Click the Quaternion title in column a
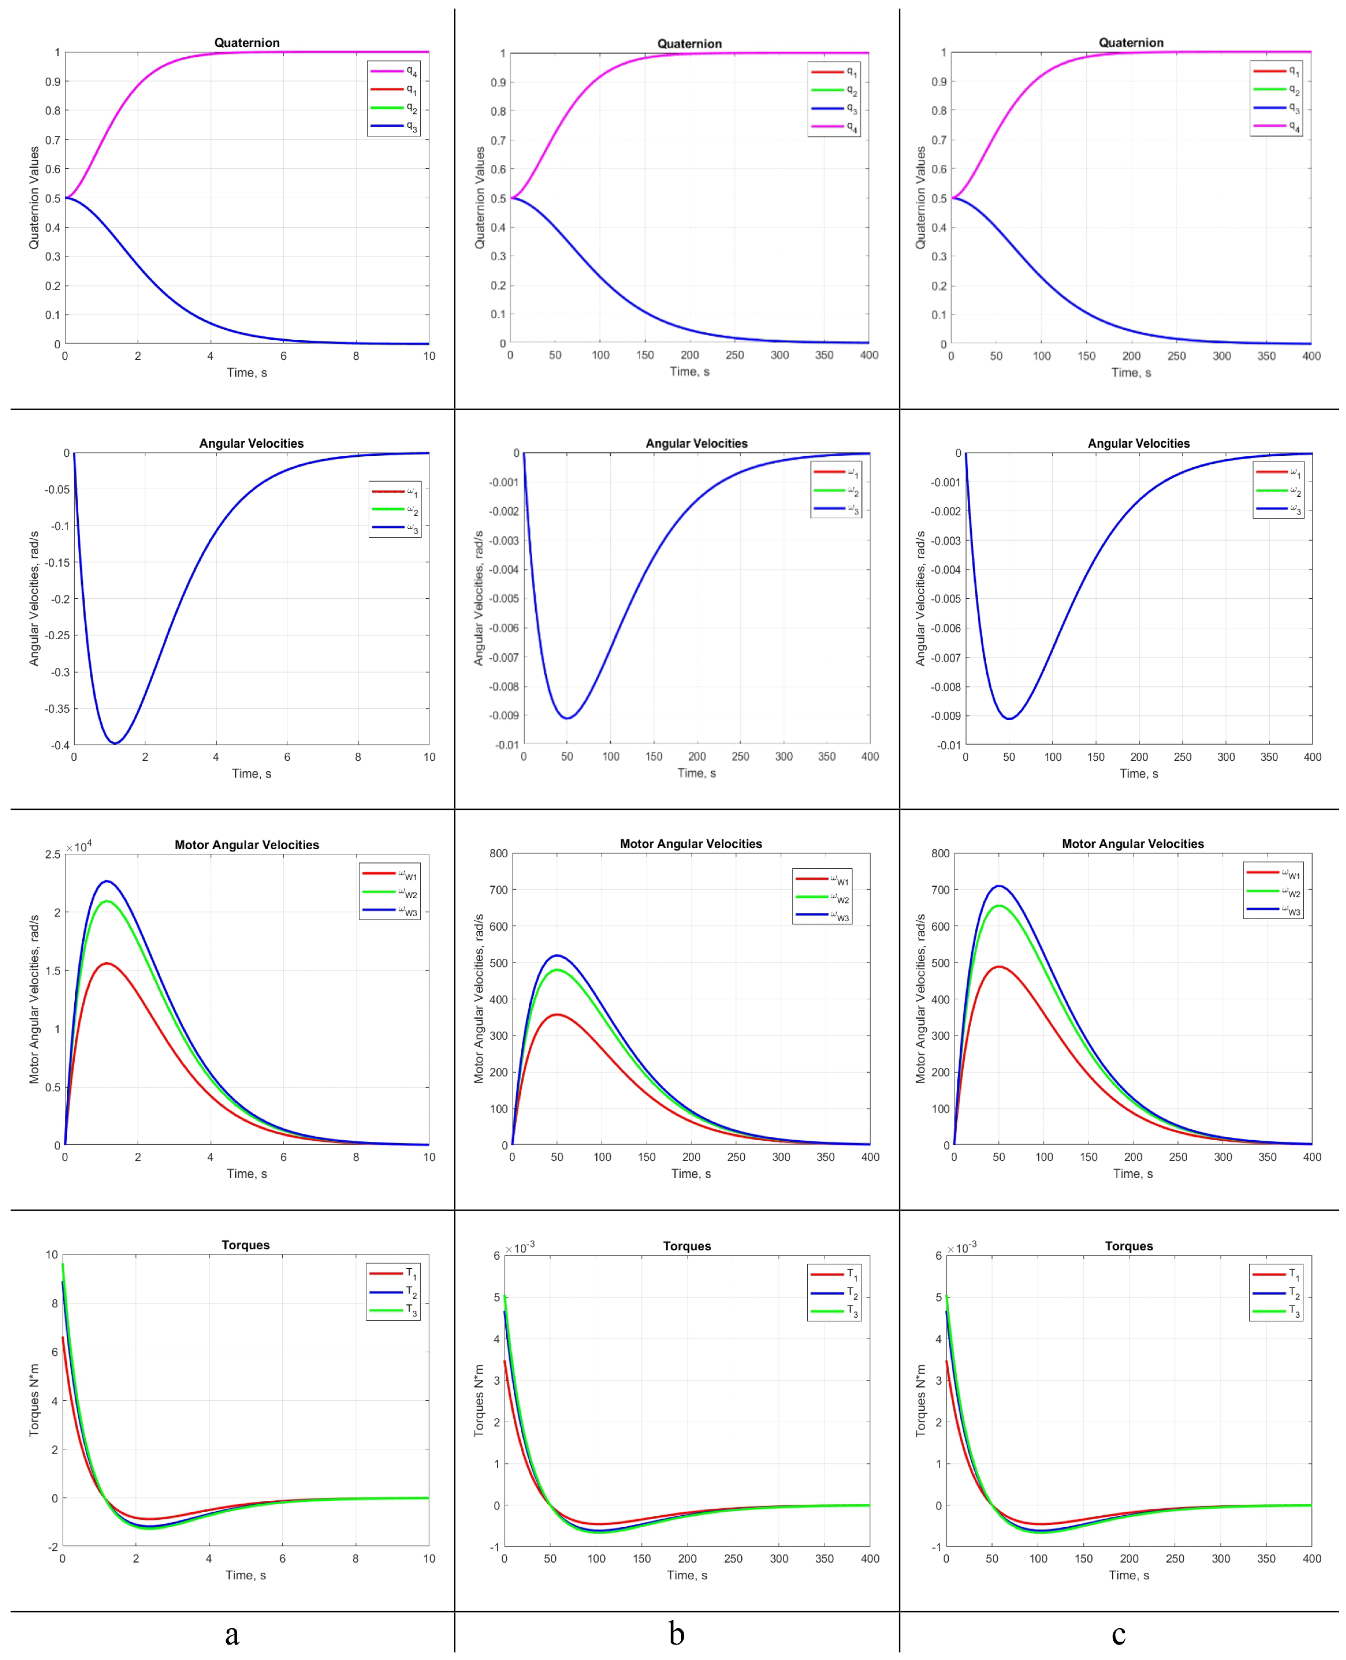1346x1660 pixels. click(247, 43)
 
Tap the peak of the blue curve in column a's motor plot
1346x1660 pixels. click(107, 881)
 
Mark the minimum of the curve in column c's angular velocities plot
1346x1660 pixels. click(1009, 718)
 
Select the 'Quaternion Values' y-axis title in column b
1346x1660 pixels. click(479, 198)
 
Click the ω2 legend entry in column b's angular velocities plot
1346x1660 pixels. click(836, 491)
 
